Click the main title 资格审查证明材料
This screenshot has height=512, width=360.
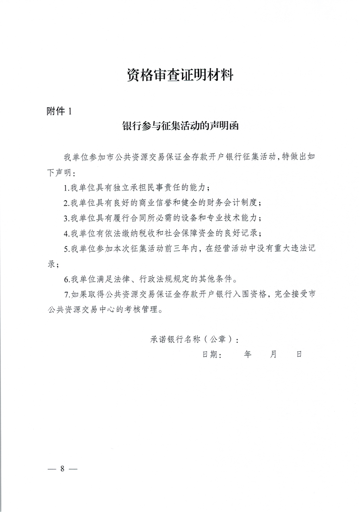click(x=180, y=75)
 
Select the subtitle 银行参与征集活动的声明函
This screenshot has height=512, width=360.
click(x=180, y=126)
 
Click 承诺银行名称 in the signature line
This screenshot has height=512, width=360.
click(x=171, y=339)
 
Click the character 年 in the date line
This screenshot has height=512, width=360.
click(x=247, y=355)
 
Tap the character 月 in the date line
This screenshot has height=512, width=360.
click(x=273, y=355)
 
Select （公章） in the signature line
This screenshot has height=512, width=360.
click(x=212, y=339)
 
